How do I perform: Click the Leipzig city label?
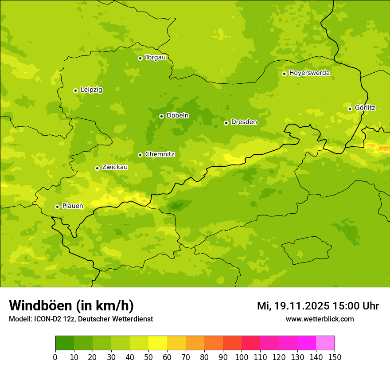(x=91, y=90)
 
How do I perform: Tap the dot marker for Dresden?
(x=226, y=123)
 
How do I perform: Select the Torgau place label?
(x=155, y=58)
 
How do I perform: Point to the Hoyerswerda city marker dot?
(x=284, y=74)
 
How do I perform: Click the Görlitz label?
(x=365, y=108)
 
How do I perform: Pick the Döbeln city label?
(x=177, y=116)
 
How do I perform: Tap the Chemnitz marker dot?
(x=140, y=155)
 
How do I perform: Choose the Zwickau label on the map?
(x=115, y=168)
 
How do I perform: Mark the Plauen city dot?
(x=57, y=207)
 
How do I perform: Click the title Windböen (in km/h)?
(x=71, y=305)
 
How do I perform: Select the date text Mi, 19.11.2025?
(x=292, y=306)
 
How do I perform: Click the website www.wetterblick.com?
(x=320, y=319)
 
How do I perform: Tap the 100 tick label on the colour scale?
(x=242, y=357)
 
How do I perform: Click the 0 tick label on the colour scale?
(x=55, y=357)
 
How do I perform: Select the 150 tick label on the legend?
(x=335, y=357)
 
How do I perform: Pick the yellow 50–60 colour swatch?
(x=158, y=343)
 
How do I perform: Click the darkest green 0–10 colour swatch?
(x=65, y=343)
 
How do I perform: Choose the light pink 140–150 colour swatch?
(x=325, y=343)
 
